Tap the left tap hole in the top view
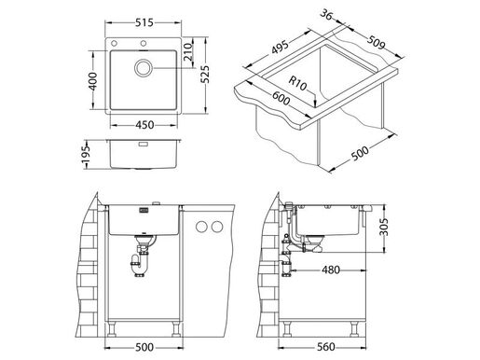tap(116, 45)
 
